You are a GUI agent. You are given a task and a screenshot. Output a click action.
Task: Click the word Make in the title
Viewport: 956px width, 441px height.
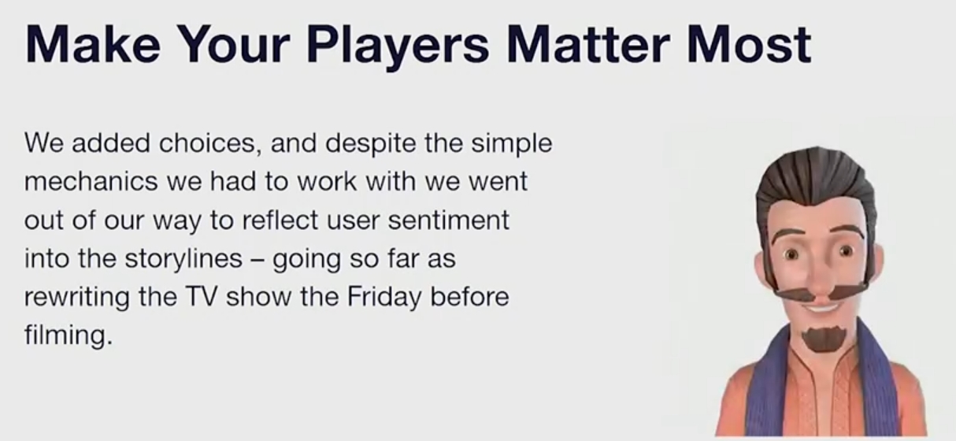click(93, 44)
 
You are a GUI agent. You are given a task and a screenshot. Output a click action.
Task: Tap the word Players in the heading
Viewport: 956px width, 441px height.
click(398, 47)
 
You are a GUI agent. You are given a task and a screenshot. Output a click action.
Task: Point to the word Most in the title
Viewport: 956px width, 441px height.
click(750, 44)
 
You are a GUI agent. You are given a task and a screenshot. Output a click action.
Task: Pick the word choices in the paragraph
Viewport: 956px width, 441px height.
click(209, 143)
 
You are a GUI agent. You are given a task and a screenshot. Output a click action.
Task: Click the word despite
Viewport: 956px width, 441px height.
click(370, 144)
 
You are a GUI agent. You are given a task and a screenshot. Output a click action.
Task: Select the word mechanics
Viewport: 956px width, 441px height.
click(91, 181)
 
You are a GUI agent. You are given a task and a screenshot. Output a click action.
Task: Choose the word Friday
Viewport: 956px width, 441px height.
click(384, 298)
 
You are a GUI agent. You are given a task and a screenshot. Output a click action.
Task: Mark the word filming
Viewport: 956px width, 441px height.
click(69, 335)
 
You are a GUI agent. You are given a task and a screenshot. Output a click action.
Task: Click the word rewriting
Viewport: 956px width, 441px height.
click(77, 298)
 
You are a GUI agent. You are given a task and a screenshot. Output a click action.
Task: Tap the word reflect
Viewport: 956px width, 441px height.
click(280, 220)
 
